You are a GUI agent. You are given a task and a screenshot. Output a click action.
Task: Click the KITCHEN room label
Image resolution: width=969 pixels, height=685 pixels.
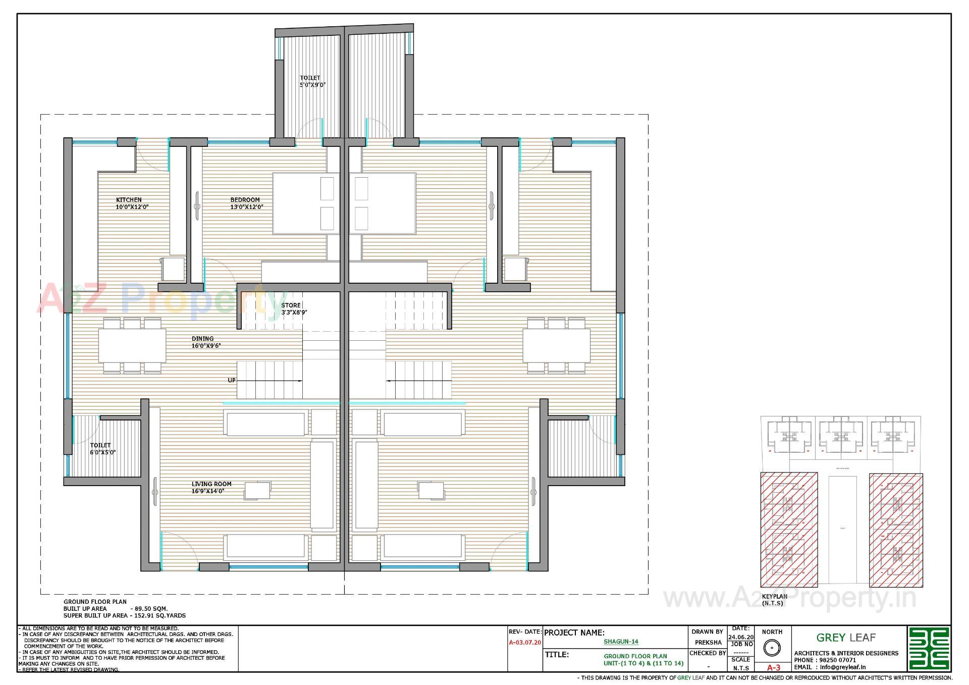(x=129, y=200)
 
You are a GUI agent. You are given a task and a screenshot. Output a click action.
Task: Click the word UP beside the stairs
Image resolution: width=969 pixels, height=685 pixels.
(x=231, y=381)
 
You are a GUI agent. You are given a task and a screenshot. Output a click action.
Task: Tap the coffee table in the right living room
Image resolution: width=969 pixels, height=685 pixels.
(x=431, y=490)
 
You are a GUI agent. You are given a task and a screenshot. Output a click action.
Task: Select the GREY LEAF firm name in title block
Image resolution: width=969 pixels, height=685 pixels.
(x=846, y=638)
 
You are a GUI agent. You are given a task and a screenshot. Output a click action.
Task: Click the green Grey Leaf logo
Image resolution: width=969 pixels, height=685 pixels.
(x=929, y=648)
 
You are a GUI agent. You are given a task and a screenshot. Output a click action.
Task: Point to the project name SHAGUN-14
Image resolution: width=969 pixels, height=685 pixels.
(x=621, y=642)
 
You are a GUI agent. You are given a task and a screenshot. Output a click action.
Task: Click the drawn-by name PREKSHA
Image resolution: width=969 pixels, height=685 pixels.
(x=708, y=643)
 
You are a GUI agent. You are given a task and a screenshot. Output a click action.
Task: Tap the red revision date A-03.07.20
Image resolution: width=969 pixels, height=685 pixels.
(x=525, y=643)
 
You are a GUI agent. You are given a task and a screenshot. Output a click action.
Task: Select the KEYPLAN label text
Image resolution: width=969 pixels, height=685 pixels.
(x=774, y=596)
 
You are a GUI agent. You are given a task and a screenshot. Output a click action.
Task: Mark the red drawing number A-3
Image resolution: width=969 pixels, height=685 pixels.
(x=773, y=667)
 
